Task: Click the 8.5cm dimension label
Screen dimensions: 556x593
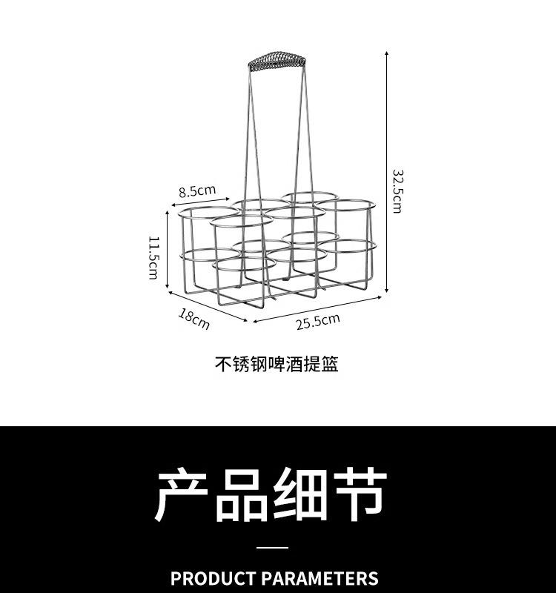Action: (x=196, y=191)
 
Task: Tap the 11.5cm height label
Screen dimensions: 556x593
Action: (x=153, y=257)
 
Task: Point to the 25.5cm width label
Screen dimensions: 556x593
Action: (x=318, y=322)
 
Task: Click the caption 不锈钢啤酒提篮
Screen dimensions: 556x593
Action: (x=277, y=365)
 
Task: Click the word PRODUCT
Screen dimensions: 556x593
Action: (x=213, y=578)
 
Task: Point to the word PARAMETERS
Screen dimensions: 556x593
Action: (x=320, y=578)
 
